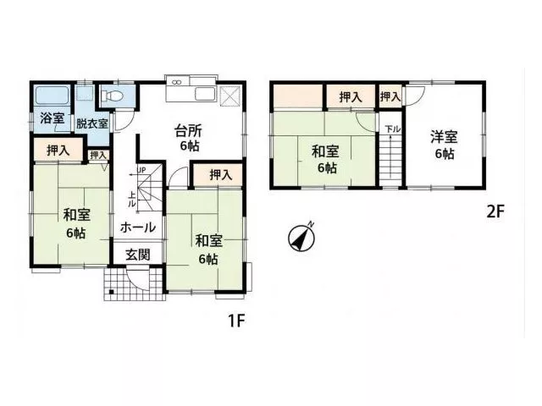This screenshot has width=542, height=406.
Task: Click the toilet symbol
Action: [x=111, y=95]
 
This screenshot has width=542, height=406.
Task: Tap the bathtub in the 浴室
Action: [x=53, y=95]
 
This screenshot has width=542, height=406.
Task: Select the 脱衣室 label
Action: [x=92, y=123]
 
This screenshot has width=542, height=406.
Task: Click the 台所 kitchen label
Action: [x=188, y=131]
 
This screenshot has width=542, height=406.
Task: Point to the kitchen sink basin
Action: [x=205, y=94]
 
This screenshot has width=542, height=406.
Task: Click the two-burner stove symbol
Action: [x=177, y=83]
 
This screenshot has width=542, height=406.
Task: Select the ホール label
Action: [x=138, y=228]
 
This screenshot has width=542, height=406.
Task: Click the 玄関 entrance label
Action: [x=137, y=255]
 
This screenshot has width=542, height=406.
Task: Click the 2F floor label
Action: [x=495, y=212]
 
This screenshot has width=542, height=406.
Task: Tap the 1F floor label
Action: [x=236, y=321]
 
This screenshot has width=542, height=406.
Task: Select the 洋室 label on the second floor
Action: [x=444, y=136]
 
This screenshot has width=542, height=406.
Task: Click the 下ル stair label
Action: [x=393, y=129]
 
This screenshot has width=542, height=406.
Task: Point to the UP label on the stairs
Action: [x=141, y=170]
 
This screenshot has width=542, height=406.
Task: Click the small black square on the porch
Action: [x=111, y=293]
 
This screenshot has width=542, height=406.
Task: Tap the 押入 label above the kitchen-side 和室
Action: [x=221, y=175]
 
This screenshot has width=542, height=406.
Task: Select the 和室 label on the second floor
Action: [x=325, y=151]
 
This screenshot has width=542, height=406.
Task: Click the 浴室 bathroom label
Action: [x=53, y=118]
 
